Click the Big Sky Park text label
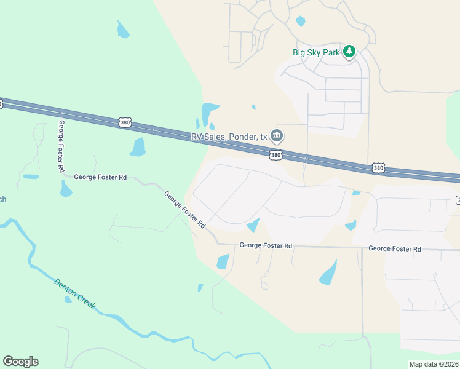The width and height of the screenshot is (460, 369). [316, 52]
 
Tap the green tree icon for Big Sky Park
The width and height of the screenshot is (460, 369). [349, 52]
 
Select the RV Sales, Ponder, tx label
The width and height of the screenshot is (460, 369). [229, 137]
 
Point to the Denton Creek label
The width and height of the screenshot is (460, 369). [75, 294]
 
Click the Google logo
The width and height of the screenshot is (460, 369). [20, 362]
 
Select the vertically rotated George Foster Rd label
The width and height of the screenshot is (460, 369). [61, 146]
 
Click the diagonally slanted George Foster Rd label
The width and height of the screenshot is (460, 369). [184, 210]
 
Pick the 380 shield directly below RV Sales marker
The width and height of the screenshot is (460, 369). [276, 156]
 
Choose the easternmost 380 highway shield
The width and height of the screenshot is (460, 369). [378, 168]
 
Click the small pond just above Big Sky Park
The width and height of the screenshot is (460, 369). [300, 22]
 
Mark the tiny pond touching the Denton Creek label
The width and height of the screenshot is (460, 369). [68, 300]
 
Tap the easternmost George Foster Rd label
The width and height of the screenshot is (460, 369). [394, 248]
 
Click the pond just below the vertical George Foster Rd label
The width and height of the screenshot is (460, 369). [66, 189]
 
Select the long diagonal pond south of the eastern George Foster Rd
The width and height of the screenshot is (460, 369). [328, 272]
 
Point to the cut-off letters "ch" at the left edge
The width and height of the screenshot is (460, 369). [2, 199]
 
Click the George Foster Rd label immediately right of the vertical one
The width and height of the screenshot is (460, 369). [100, 177]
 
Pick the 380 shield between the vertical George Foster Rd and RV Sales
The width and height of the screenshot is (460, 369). [125, 123]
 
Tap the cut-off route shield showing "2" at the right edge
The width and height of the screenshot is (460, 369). [458, 199]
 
